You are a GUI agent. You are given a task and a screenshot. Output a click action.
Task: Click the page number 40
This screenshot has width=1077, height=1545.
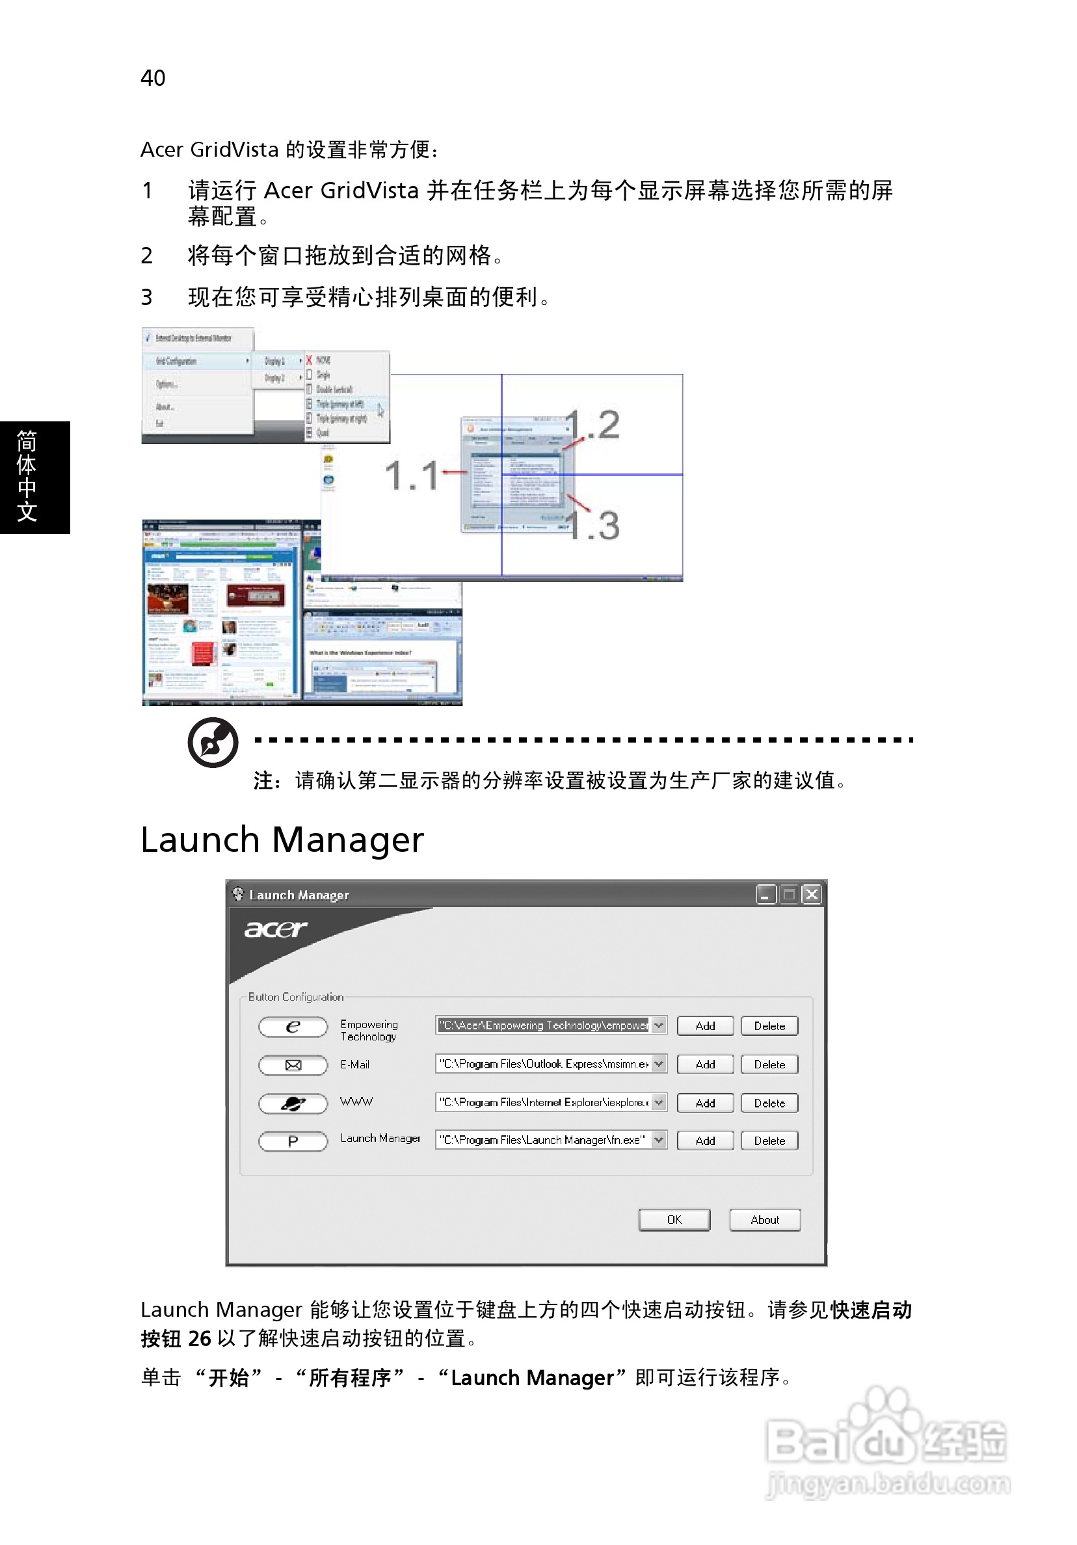[153, 78]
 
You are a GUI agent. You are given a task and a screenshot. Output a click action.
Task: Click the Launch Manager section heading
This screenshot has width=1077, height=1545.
[282, 839]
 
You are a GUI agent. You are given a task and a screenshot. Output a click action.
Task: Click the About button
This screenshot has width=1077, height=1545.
[764, 1219]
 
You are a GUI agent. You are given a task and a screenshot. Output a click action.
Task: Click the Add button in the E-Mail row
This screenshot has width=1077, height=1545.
[704, 1064]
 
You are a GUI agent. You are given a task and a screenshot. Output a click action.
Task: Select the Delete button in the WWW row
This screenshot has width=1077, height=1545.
[769, 1103]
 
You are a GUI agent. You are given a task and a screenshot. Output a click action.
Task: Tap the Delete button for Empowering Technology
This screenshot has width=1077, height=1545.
[769, 1025]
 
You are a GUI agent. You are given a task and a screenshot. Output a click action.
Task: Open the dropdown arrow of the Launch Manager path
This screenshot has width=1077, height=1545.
[658, 1140]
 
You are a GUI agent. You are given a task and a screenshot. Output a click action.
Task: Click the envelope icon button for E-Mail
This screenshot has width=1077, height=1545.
[293, 1064]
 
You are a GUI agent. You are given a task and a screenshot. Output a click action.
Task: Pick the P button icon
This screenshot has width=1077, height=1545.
[293, 1141]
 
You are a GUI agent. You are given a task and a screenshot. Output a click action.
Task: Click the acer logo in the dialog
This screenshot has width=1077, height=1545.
[274, 929]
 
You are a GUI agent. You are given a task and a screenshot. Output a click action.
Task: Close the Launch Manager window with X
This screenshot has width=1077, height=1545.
[812, 894]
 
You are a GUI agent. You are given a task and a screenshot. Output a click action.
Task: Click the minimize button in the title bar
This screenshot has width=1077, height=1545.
[765, 894]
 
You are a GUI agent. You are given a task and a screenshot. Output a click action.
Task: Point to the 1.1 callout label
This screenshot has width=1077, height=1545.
[410, 475]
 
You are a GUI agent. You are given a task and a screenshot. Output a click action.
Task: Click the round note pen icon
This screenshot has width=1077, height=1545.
[213, 741]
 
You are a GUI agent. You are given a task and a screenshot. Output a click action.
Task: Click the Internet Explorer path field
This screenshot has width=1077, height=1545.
[542, 1102]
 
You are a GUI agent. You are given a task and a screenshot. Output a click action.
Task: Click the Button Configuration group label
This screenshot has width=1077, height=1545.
[295, 997]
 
